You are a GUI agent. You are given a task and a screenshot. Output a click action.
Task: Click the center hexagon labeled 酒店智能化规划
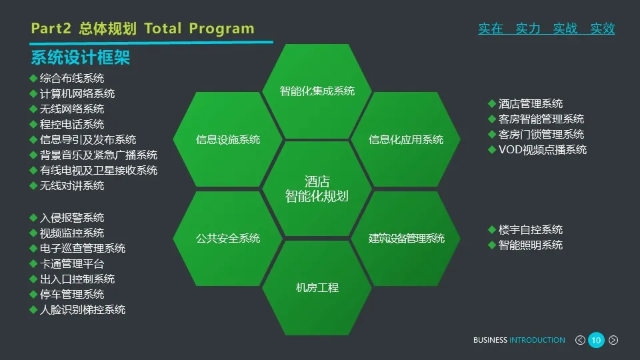[317, 189]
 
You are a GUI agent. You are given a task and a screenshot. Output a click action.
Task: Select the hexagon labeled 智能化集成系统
[317, 91]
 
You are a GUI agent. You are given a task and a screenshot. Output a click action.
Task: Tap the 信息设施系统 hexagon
[228, 139]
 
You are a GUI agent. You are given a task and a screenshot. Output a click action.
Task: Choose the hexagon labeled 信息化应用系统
[406, 139]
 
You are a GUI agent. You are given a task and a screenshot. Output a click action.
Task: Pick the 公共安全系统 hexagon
[228, 238]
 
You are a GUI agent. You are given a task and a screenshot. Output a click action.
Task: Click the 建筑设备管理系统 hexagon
[406, 238]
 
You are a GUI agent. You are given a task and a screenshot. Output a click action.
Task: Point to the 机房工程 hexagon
[317, 287]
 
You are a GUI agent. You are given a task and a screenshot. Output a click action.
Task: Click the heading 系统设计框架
[80, 58]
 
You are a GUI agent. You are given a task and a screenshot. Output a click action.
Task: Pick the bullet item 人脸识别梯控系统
[83, 310]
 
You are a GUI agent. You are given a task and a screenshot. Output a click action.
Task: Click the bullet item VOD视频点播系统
[543, 150]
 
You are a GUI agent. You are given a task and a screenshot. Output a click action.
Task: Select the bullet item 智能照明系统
[531, 245]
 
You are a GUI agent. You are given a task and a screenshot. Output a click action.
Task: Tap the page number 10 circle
[596, 341]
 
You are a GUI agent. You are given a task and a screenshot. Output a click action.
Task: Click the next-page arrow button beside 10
[613, 341]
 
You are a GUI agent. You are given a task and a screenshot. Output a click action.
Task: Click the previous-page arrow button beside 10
[580, 341]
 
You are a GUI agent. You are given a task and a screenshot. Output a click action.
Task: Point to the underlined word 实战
[565, 29]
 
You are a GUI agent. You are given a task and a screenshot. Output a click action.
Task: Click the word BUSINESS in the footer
[490, 341]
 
